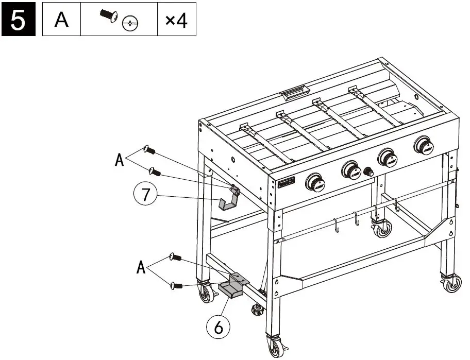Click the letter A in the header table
pos(62,21)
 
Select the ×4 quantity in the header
pos(176,21)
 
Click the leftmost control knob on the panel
pos(315,182)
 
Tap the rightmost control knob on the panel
pos(424,146)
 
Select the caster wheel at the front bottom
pos(274,347)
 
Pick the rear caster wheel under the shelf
pos(381,229)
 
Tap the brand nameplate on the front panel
pos(287,183)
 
